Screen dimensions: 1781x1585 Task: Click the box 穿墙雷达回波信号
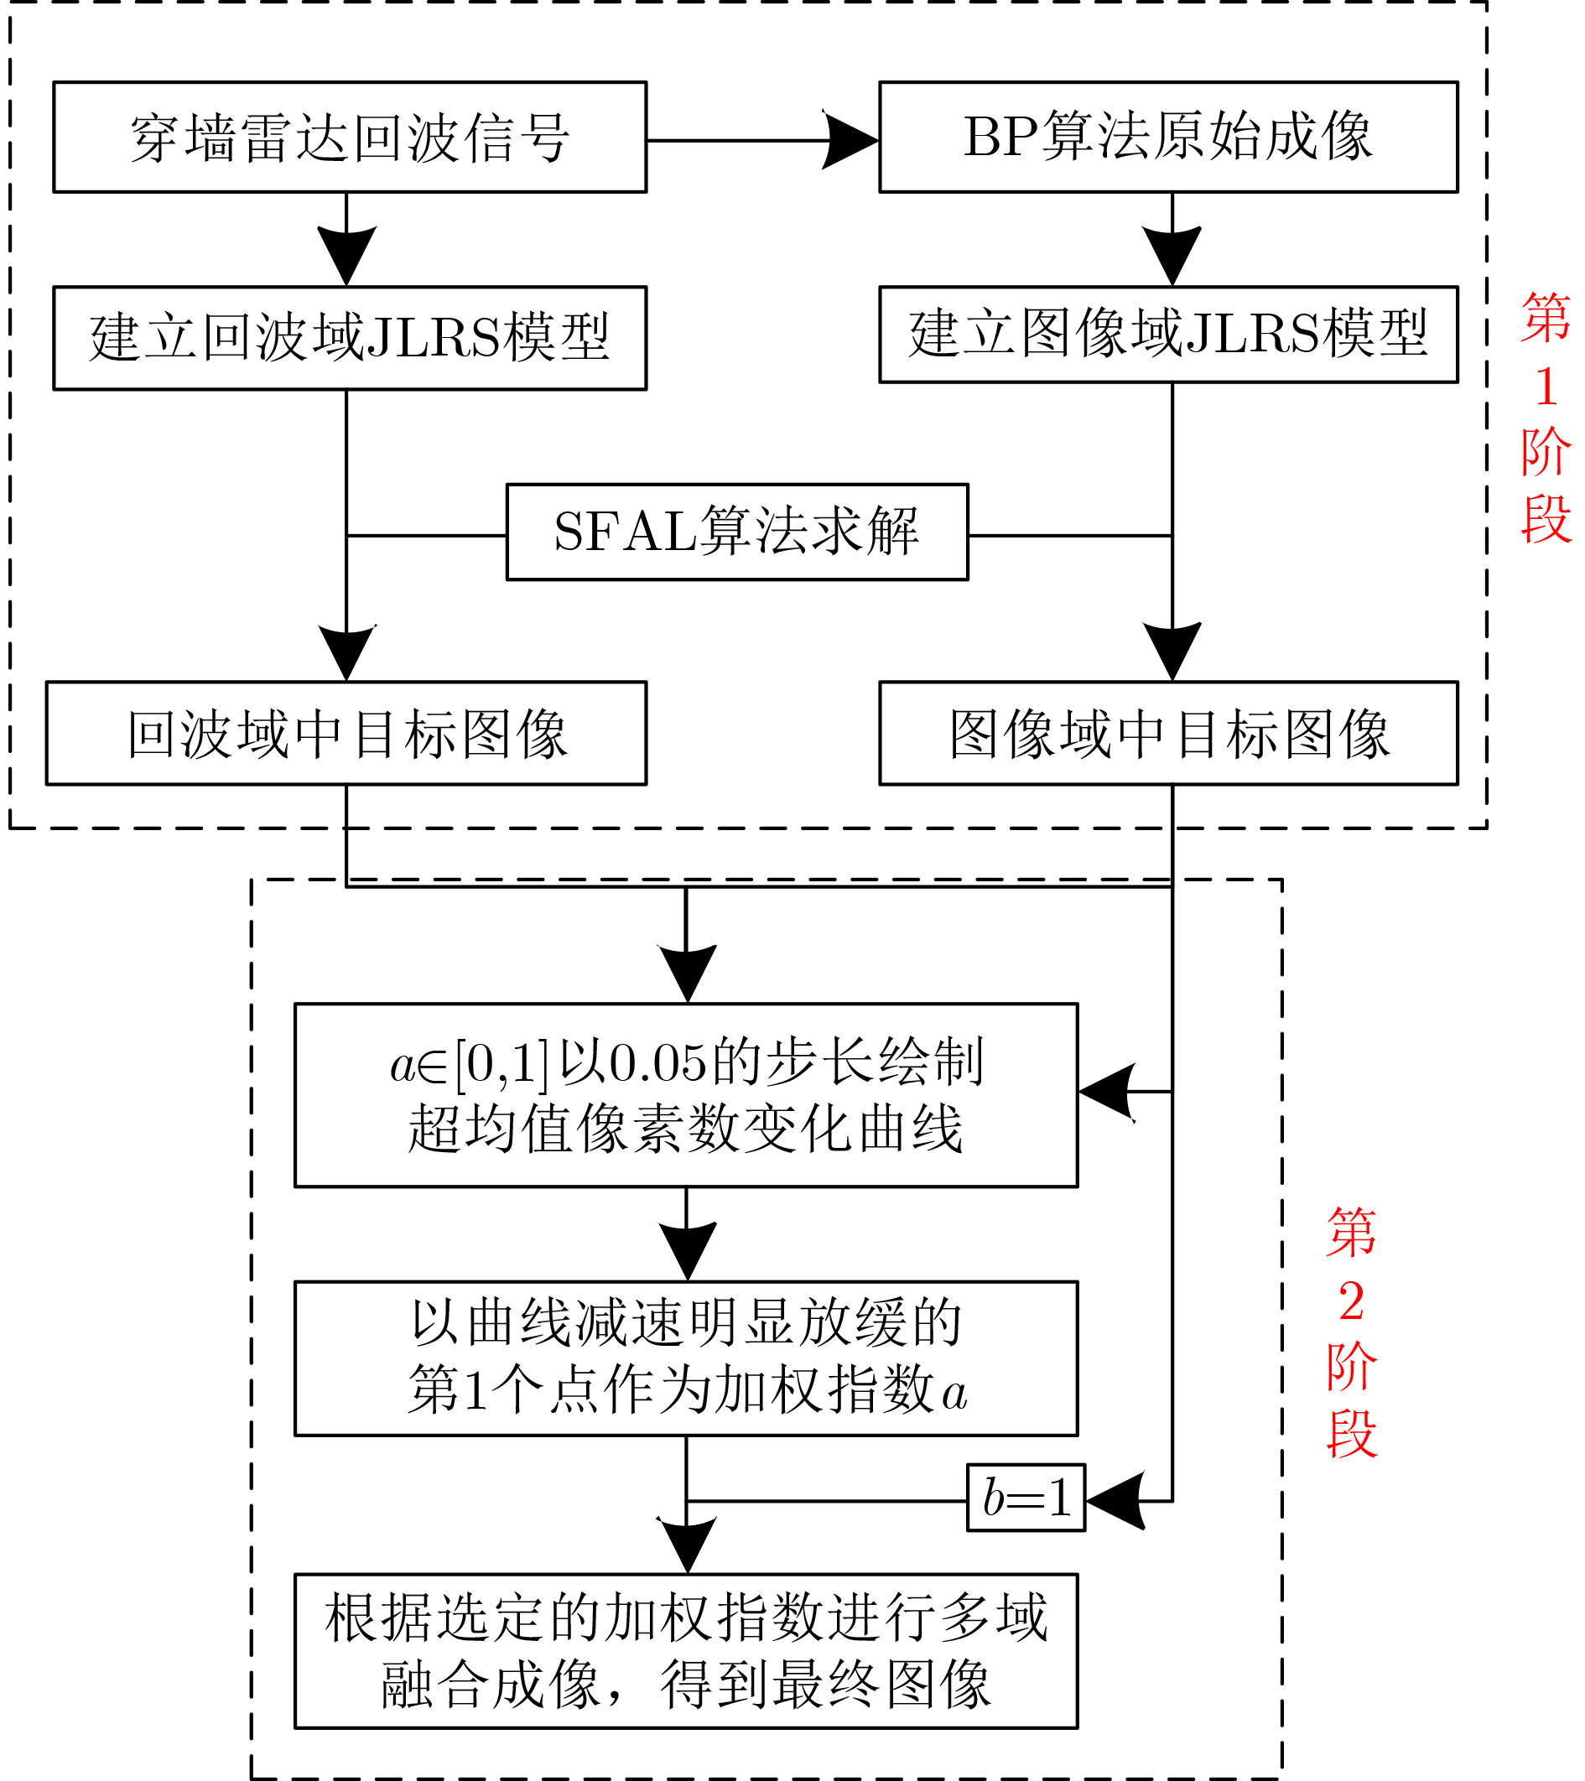[x=350, y=138]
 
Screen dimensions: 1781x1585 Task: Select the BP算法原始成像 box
[x=1168, y=138]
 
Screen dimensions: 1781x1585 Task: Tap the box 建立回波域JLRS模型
[x=350, y=338]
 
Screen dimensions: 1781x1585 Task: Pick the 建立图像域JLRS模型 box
[x=1168, y=335]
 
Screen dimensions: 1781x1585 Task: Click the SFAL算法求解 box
[x=737, y=532]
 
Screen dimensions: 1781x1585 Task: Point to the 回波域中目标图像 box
[x=346, y=734]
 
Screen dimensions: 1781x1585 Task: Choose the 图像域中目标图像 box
[x=1168, y=734]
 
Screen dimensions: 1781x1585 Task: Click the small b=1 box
[x=1026, y=1498]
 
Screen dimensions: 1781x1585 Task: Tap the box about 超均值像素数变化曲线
[x=687, y=1095]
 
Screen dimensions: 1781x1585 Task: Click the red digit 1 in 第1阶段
[x=1546, y=387]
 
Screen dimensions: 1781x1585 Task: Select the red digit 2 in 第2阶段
[x=1352, y=1303]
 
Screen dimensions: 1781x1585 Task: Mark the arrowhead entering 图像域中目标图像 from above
[x=1172, y=652]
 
